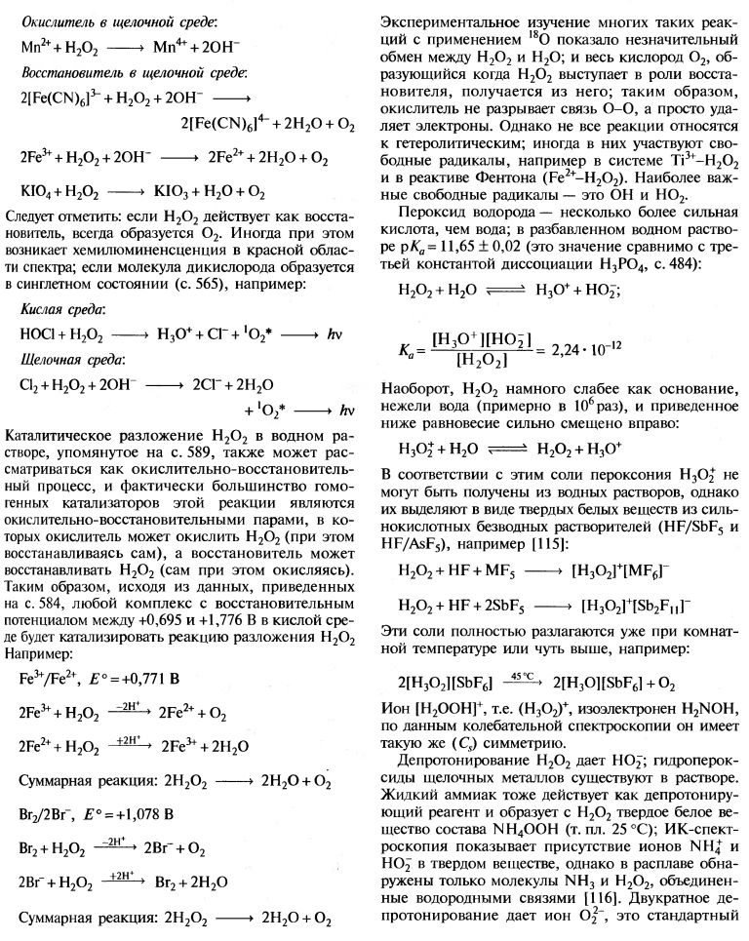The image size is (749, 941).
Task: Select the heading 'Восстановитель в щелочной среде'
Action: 134,72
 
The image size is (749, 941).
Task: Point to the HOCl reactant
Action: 38,332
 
